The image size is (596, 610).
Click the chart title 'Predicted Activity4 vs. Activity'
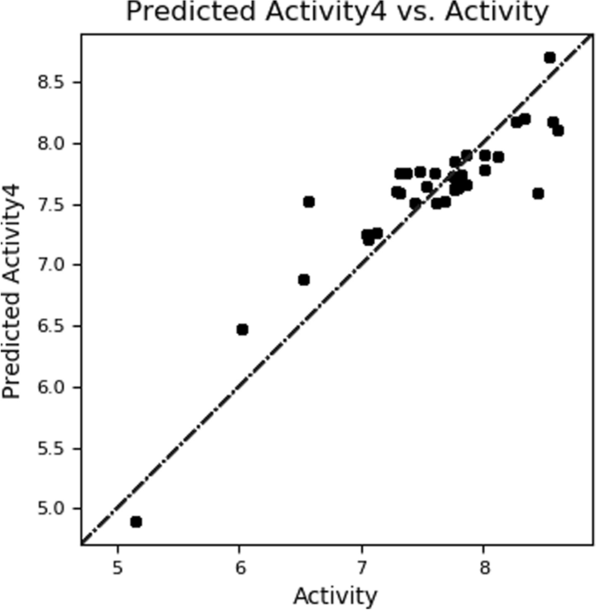[x=338, y=13]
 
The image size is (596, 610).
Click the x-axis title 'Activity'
[x=335, y=596]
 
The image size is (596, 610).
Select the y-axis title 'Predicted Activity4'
[x=12, y=289]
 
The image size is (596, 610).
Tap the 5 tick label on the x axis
[x=117, y=569]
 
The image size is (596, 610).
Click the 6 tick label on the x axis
[x=240, y=569]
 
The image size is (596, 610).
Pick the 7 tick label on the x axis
[x=362, y=569]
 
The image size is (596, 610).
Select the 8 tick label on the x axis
[x=484, y=569]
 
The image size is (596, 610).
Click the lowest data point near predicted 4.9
[x=136, y=521]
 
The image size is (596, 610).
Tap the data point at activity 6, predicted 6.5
[x=242, y=329]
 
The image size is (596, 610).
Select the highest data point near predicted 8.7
[x=549, y=57]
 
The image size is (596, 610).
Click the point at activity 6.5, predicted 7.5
[x=308, y=202]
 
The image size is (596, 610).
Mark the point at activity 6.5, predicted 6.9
[x=304, y=280]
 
